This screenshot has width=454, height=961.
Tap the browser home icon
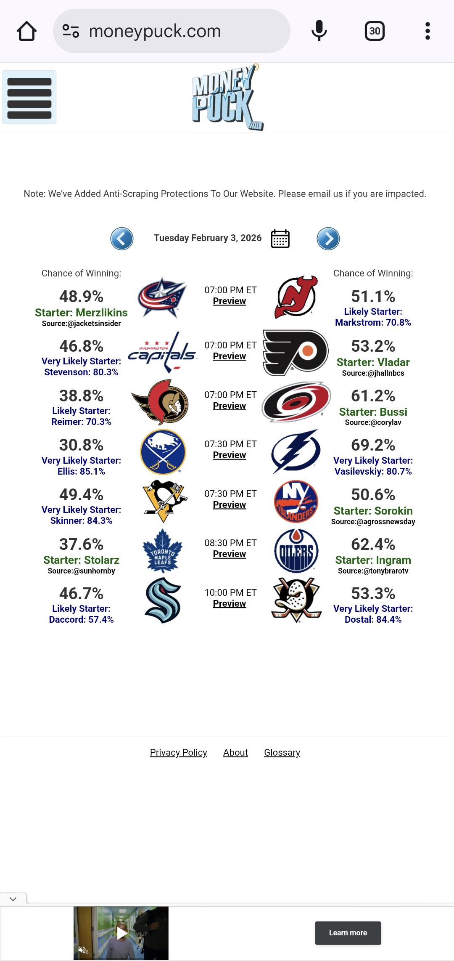(26, 31)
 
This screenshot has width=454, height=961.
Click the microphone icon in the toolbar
(319, 31)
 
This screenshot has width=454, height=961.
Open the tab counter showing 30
(375, 31)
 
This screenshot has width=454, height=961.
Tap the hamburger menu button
(29, 97)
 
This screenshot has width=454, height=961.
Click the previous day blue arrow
(122, 239)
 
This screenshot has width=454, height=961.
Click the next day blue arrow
(328, 239)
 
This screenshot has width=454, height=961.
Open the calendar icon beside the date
(280, 239)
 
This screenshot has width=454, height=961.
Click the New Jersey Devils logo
(296, 297)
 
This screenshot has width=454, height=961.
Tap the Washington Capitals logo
(162, 353)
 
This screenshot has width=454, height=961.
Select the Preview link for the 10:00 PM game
(229, 603)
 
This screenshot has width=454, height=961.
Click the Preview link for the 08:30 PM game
(229, 554)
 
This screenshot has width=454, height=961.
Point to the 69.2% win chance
(373, 445)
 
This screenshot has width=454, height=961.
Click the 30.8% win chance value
(81, 445)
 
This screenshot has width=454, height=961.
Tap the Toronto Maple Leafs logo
(163, 551)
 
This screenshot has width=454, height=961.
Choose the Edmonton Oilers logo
(296, 551)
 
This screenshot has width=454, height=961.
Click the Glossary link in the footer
(282, 752)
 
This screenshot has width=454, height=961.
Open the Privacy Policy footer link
(178, 752)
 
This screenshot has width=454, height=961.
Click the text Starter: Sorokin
(373, 511)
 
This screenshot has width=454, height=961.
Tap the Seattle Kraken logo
(163, 600)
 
